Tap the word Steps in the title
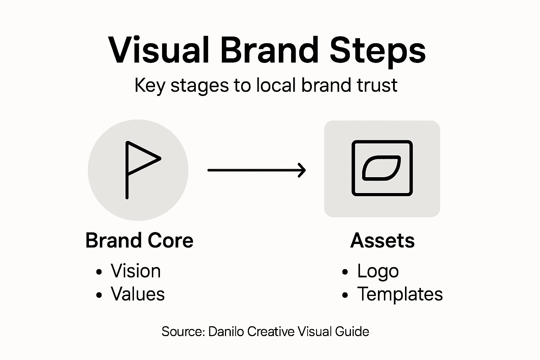pyautogui.click(x=378, y=51)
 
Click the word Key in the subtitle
pyautogui.click(x=150, y=86)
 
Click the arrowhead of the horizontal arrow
pyautogui.click(x=302, y=170)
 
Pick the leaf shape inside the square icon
pyautogui.click(x=381, y=168)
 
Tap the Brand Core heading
pyautogui.click(x=139, y=241)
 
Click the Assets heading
pyautogui.click(x=382, y=241)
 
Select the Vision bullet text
pyautogui.click(x=136, y=271)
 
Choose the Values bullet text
pyautogui.click(x=137, y=294)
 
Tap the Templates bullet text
pyautogui.click(x=400, y=294)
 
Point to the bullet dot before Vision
pyautogui.click(x=99, y=272)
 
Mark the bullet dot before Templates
pyautogui.click(x=345, y=295)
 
